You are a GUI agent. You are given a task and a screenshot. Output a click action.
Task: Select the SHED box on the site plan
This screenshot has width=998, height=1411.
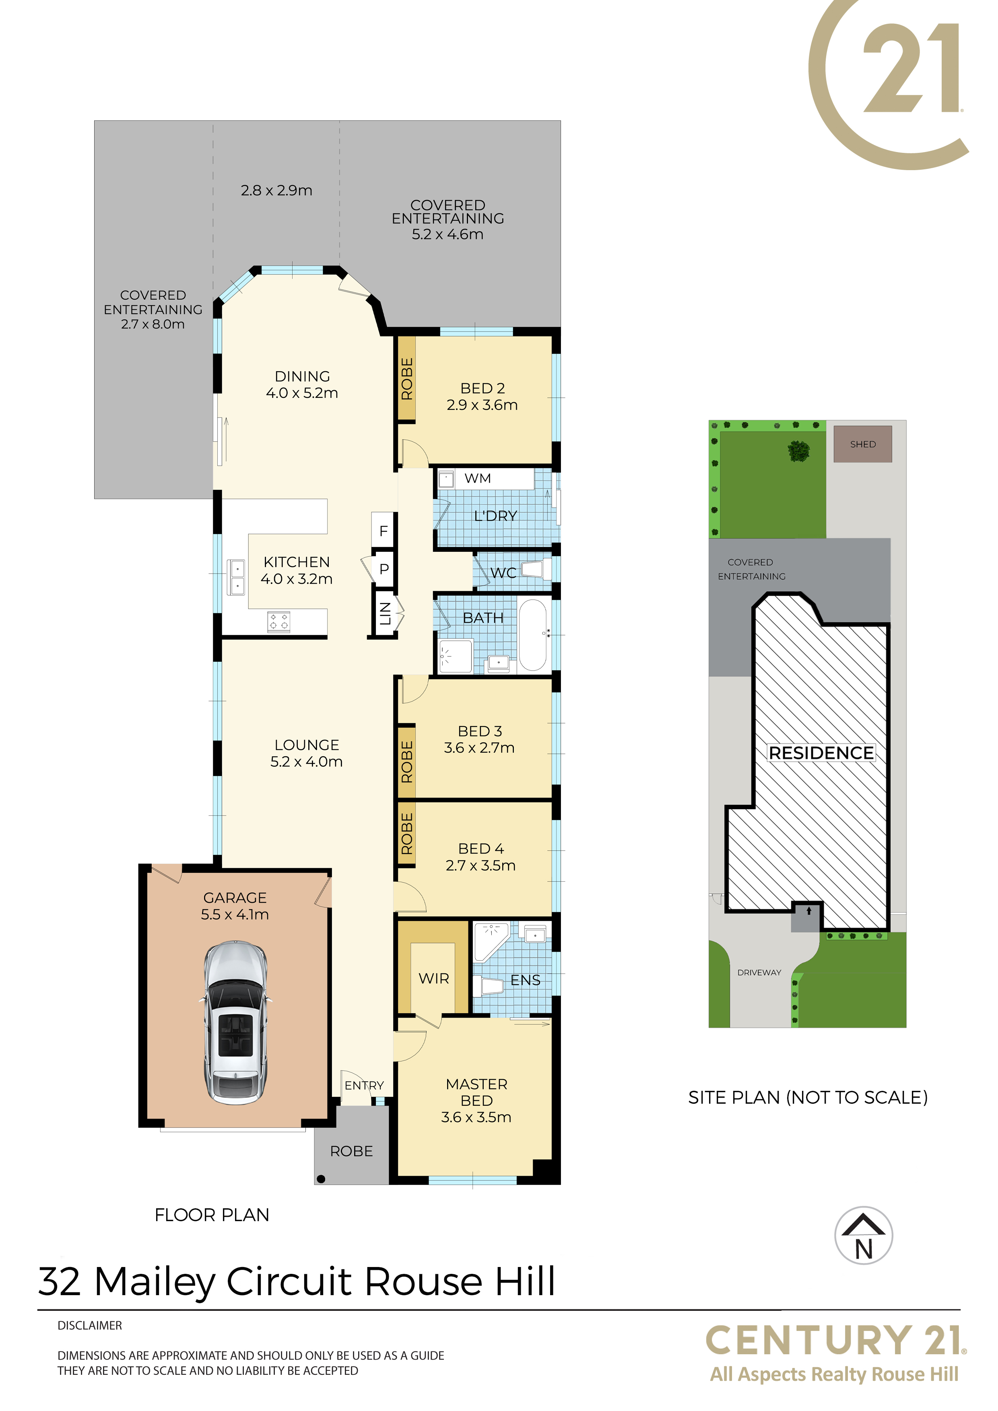coord(863,444)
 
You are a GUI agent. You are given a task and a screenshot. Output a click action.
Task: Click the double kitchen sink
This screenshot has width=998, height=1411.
coord(237,577)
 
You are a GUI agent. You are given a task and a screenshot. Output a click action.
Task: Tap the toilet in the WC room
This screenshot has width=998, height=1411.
coord(536,569)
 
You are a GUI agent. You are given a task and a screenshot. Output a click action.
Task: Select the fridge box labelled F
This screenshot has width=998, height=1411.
coord(383,531)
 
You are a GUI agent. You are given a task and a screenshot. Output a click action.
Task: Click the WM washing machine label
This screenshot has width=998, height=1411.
coord(477,478)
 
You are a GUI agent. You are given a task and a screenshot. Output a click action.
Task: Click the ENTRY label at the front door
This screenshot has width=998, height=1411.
coord(364,1085)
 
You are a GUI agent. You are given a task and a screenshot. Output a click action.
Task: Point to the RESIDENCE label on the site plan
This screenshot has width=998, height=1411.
coord(821,753)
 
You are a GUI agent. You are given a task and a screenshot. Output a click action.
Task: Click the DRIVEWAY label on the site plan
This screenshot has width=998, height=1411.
coord(759,972)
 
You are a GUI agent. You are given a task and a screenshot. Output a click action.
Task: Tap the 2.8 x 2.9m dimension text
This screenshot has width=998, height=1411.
coord(277,191)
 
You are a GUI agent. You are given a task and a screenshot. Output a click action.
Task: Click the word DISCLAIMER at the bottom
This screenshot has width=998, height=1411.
coord(90,1326)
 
